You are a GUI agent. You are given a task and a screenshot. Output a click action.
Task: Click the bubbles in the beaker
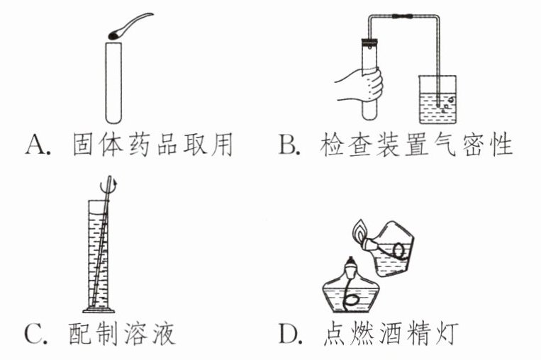point(445,105)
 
